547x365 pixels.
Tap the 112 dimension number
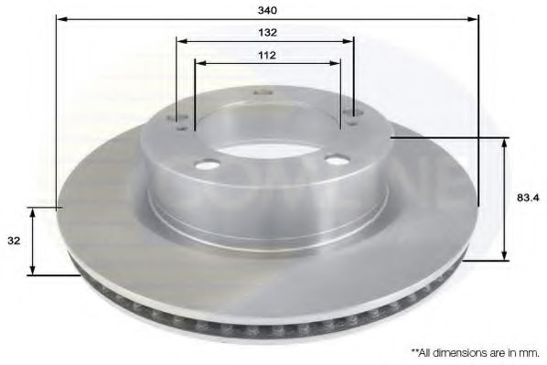coord(267,55)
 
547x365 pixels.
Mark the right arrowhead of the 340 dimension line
coord(475,17)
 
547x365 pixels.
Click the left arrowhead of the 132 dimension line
coord(180,40)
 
